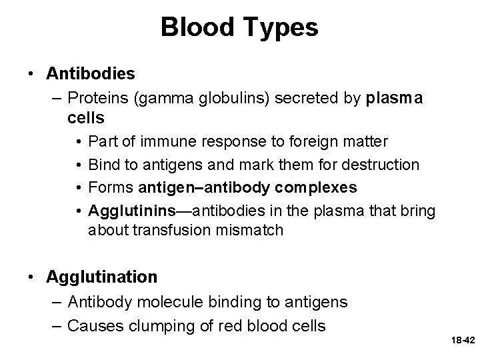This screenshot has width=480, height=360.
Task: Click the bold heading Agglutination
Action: (101, 276)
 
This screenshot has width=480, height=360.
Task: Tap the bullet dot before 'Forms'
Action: (79, 187)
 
